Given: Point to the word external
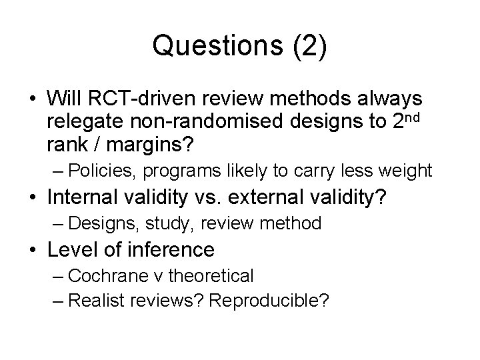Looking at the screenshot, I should point(266,197).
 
